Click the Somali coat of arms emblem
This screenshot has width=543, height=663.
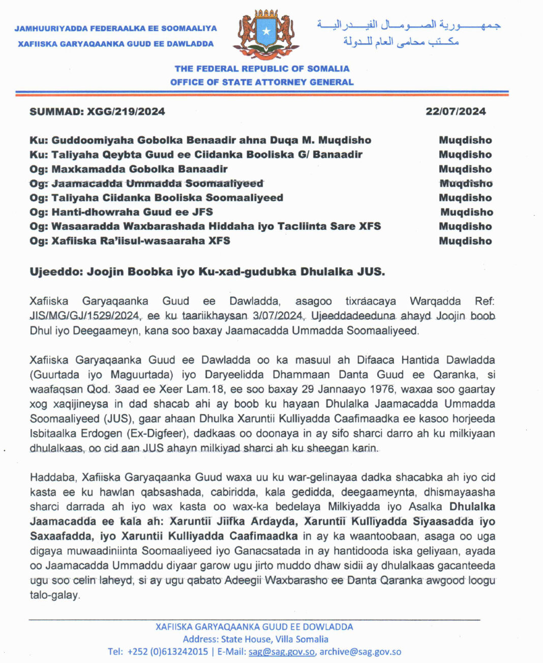tap(266, 35)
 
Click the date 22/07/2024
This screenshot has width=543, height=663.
tap(456, 111)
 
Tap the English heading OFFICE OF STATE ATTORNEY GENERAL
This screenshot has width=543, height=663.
tap(262, 82)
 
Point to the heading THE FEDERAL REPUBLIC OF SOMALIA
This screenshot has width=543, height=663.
tap(262, 69)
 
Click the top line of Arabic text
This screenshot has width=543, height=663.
tap(409, 24)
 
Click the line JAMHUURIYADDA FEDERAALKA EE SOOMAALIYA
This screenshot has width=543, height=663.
tap(116, 28)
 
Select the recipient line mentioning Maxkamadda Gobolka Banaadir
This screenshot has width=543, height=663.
tap(129, 169)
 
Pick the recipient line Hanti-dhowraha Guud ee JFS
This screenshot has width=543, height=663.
tap(122, 212)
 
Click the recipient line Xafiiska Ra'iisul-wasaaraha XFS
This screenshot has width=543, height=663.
tap(130, 240)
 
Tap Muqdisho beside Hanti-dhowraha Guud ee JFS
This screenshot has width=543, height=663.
tap(466, 212)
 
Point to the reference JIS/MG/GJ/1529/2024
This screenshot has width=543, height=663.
tap(84, 316)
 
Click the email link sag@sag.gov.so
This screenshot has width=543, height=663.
tap(282, 652)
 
